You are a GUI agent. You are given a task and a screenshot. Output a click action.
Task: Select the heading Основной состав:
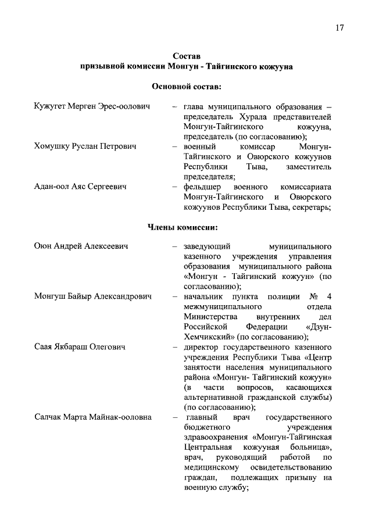pyautogui.click(x=186, y=87)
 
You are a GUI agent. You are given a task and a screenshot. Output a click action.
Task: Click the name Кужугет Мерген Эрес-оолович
pyautogui.click(x=92, y=107)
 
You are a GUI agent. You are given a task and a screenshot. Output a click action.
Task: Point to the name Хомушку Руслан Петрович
pyautogui.click(x=85, y=147)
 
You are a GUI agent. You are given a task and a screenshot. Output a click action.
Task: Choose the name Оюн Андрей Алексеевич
pyautogui.click(x=81, y=246)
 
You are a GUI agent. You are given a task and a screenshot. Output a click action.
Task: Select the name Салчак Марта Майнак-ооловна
pyautogui.click(x=93, y=417)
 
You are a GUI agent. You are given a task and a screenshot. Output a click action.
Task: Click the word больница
pyautogui.click(x=311, y=448)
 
